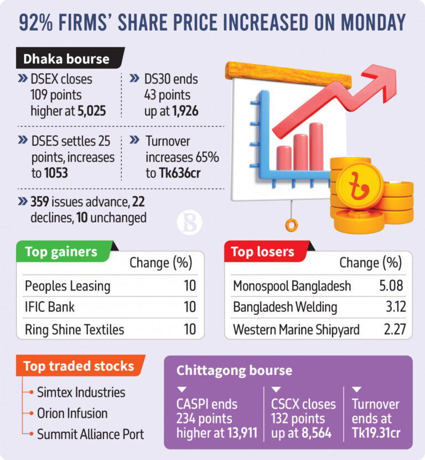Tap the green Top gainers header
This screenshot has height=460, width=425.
click(61, 252)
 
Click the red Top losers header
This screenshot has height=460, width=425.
click(263, 252)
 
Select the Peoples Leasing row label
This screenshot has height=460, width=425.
click(68, 286)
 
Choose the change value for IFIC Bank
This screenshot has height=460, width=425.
click(190, 307)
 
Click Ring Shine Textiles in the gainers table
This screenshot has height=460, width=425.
click(75, 329)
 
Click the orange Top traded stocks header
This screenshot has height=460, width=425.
click(79, 366)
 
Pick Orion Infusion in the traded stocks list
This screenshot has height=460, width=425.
click(72, 413)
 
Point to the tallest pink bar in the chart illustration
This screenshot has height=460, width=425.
click(316, 146)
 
